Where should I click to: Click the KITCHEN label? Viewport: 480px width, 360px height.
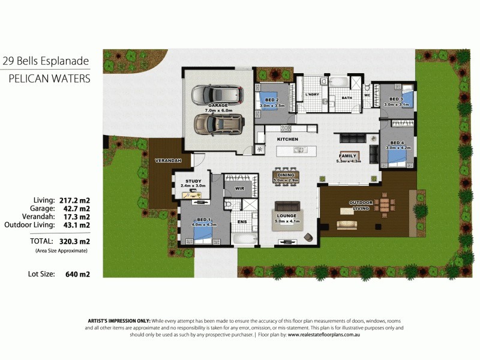(287, 139)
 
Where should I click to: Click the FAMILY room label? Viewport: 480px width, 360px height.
(348, 155)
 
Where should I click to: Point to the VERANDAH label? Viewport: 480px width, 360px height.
(166, 161)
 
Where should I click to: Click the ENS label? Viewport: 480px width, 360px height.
(242, 221)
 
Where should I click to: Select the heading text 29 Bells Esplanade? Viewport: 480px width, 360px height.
(46, 61)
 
